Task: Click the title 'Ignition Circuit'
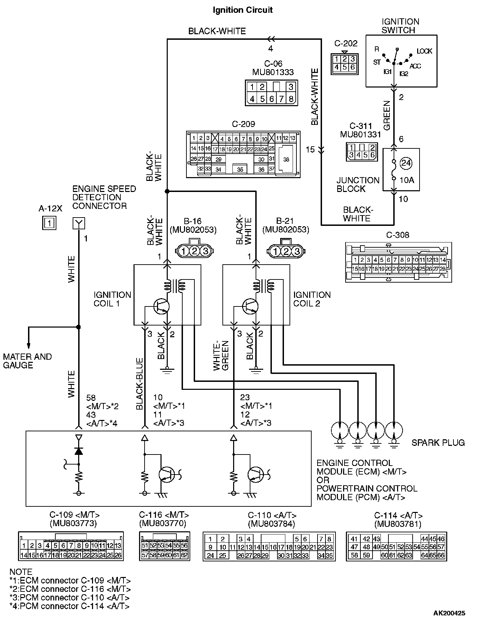click(x=242, y=10)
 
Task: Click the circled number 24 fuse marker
click(x=406, y=163)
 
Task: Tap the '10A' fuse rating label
click(x=407, y=180)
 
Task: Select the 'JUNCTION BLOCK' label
click(x=358, y=184)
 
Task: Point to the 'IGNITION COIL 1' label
click(x=112, y=299)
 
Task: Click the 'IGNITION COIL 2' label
click(x=312, y=299)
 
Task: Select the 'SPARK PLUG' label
click(x=438, y=443)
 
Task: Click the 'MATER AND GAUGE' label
click(x=27, y=361)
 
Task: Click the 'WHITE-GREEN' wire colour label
click(x=221, y=356)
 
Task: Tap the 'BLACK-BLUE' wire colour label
click(x=140, y=384)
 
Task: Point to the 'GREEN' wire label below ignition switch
click(x=387, y=116)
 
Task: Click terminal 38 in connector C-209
click(x=286, y=159)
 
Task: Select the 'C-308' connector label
click(x=397, y=235)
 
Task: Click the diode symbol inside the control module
click(x=79, y=451)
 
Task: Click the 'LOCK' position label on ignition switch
click(x=424, y=51)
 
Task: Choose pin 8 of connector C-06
click(x=291, y=99)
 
